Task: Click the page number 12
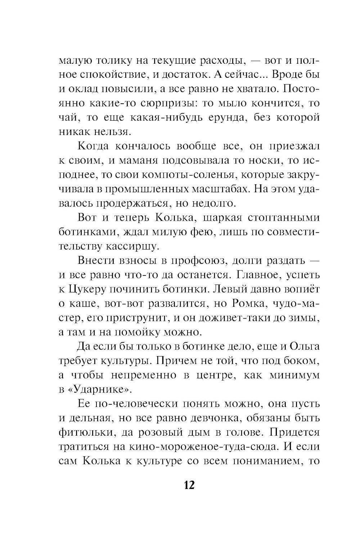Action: pos(189,485)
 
